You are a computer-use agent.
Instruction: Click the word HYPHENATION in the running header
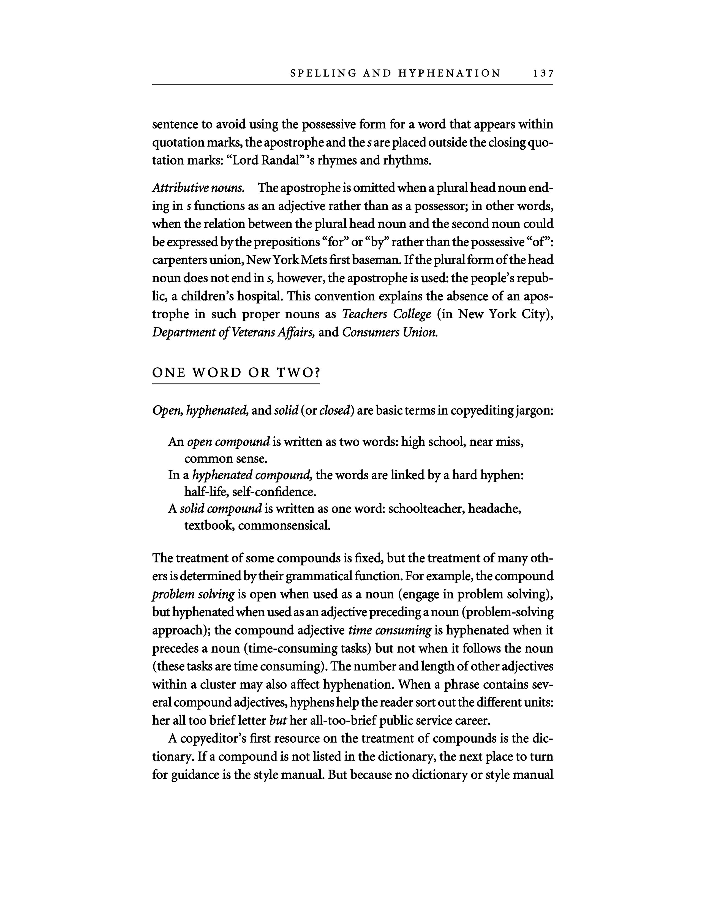click(x=449, y=73)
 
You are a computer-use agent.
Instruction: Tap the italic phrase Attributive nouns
click(x=198, y=188)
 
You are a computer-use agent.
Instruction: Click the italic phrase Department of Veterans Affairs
click(x=233, y=333)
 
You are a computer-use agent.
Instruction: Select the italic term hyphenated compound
click(x=252, y=475)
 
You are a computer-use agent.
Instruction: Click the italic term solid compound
click(x=221, y=508)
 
